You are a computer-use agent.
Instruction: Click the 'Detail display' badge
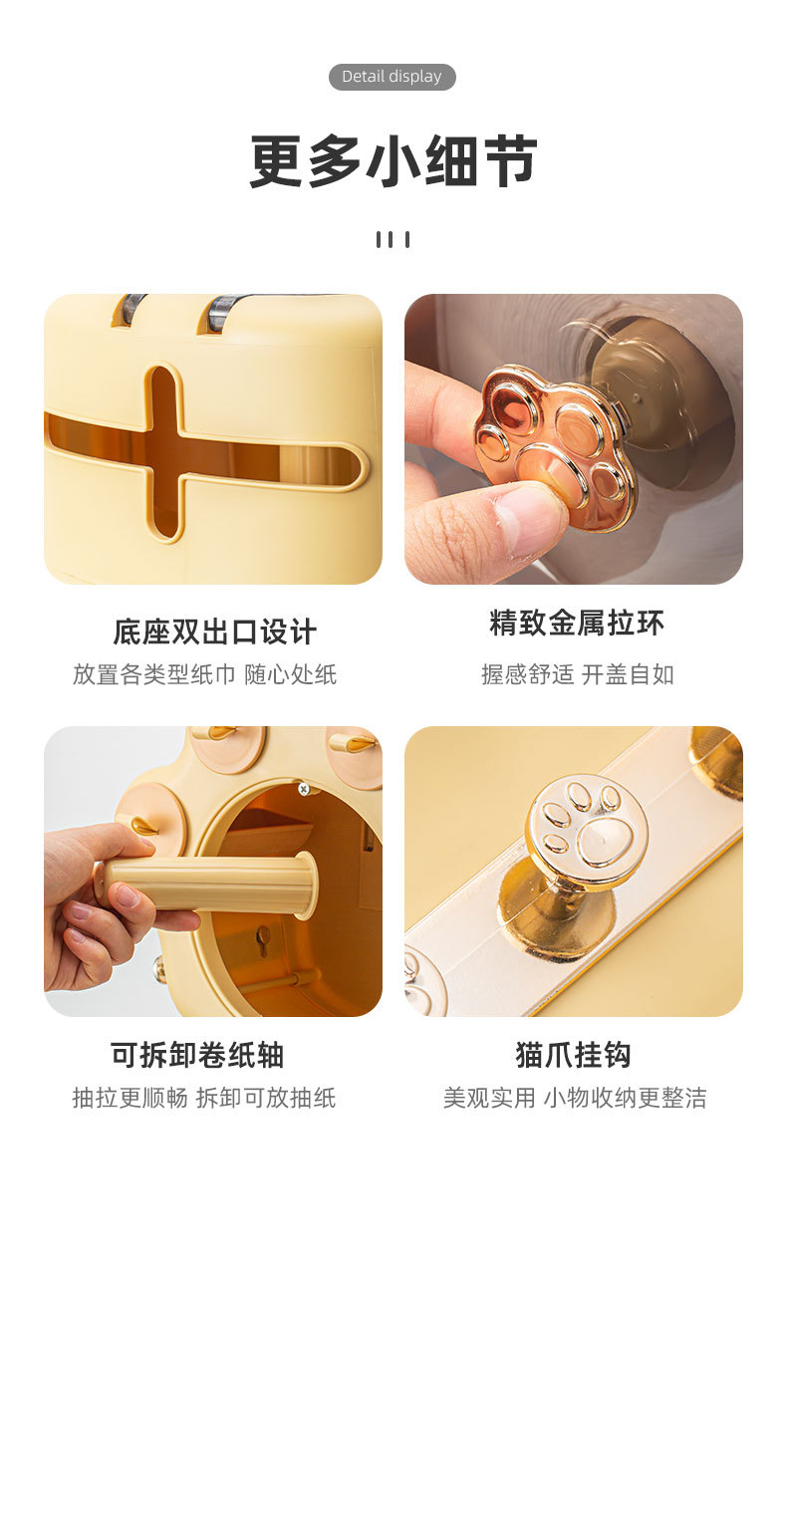[x=392, y=77]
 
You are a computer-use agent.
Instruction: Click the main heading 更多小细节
[x=393, y=161]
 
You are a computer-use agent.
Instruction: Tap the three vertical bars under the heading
[x=393, y=239]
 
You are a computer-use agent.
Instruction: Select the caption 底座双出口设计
[x=214, y=632]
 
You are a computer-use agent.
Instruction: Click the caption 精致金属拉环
[x=576, y=624]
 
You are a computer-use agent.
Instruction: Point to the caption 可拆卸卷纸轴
[x=197, y=1055]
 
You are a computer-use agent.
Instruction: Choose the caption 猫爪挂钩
[x=573, y=1055]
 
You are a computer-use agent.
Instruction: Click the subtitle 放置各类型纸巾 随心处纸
[x=204, y=674]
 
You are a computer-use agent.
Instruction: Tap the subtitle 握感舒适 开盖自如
[x=577, y=674]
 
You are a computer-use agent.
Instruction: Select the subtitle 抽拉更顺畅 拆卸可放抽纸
[x=204, y=1098]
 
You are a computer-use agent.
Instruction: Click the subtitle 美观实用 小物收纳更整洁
[x=575, y=1098]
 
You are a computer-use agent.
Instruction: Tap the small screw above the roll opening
[x=304, y=789]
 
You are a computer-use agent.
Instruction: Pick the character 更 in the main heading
[x=277, y=161]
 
